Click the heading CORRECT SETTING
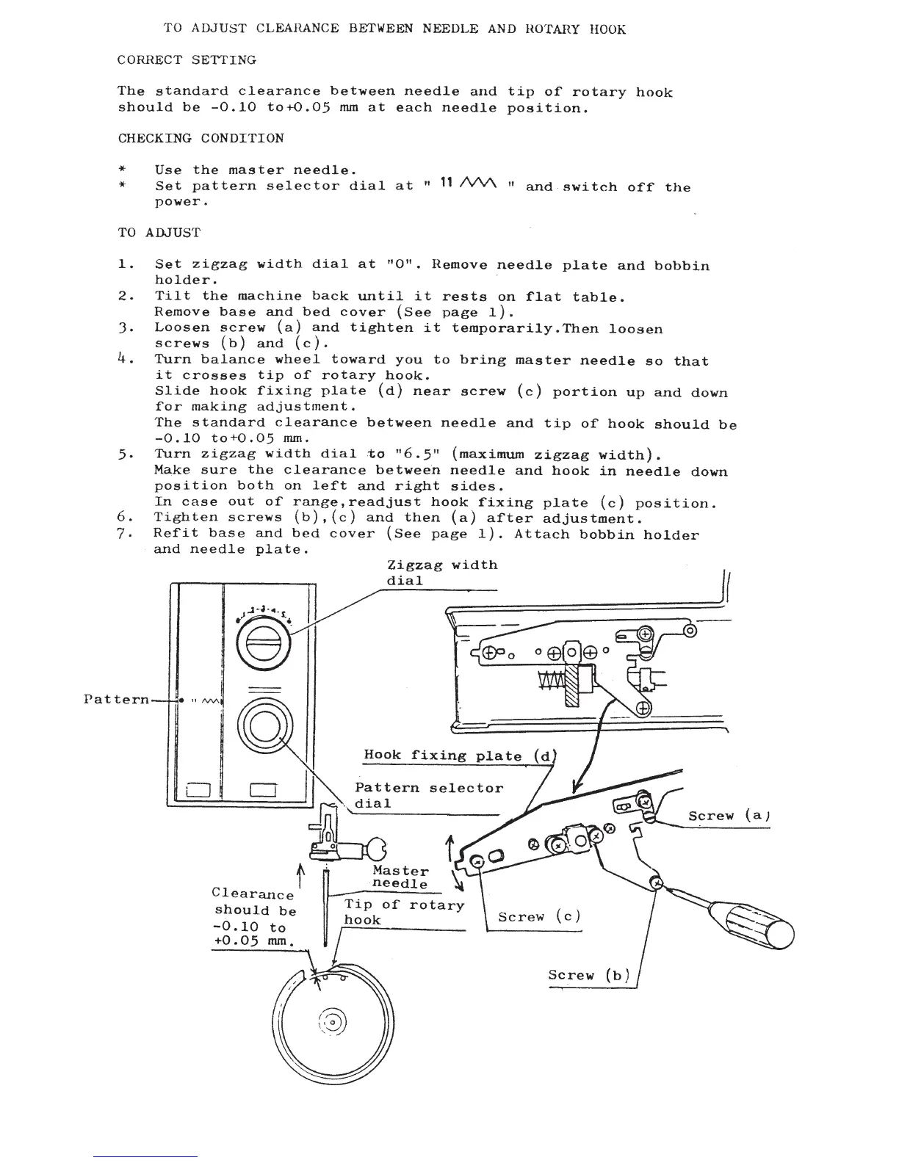[x=187, y=60]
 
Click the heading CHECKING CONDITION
[x=201, y=139]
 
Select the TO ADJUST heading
[x=159, y=233]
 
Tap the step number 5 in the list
[x=123, y=454]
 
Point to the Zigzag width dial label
[x=441, y=573]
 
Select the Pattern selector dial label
[x=428, y=795]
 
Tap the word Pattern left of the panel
[x=116, y=699]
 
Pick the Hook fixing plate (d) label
[x=461, y=756]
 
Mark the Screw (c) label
[x=539, y=917]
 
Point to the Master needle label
[x=400, y=877]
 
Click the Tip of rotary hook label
[x=404, y=912]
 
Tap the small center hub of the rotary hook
[x=331, y=1022]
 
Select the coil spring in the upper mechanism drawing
[x=552, y=681]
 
